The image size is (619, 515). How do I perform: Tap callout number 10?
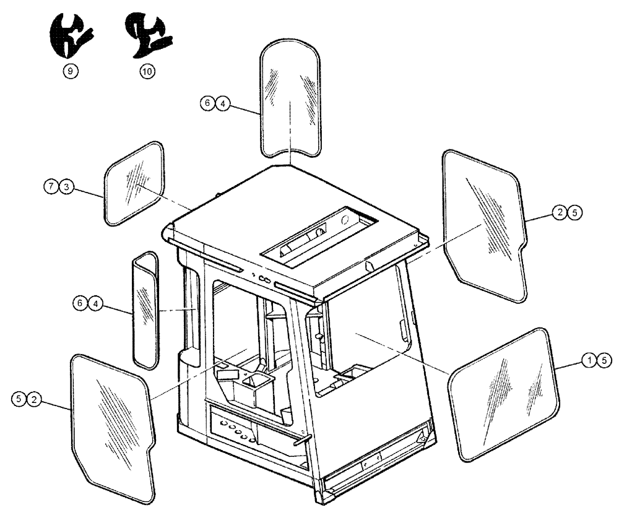pyautogui.click(x=147, y=71)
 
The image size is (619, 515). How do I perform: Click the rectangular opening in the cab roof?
pyautogui.click(x=319, y=235)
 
